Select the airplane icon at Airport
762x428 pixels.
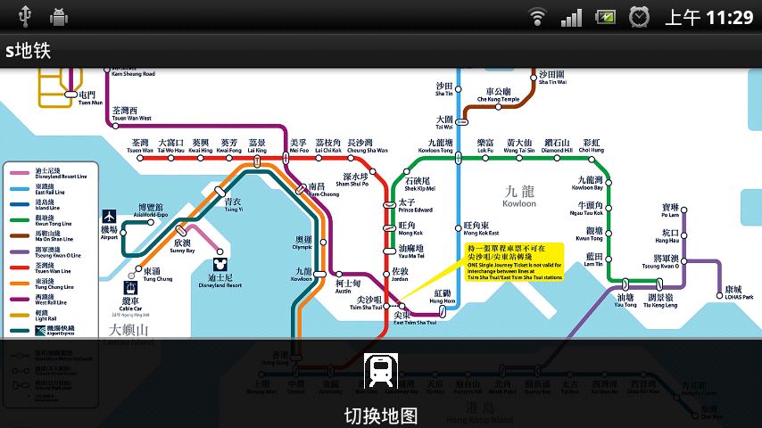coord(110,217)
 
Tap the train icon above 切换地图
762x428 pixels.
coord(381,370)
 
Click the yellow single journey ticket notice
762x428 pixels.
coord(516,261)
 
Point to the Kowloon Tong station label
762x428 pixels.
coord(440,146)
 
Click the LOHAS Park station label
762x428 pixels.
coord(733,292)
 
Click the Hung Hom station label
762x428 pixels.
coord(443,297)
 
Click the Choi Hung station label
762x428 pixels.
coord(592,146)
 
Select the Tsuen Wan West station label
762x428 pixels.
coord(131,114)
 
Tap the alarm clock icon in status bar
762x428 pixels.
coord(640,16)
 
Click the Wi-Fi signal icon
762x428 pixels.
coord(536,16)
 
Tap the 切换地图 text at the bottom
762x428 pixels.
coord(381,416)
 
